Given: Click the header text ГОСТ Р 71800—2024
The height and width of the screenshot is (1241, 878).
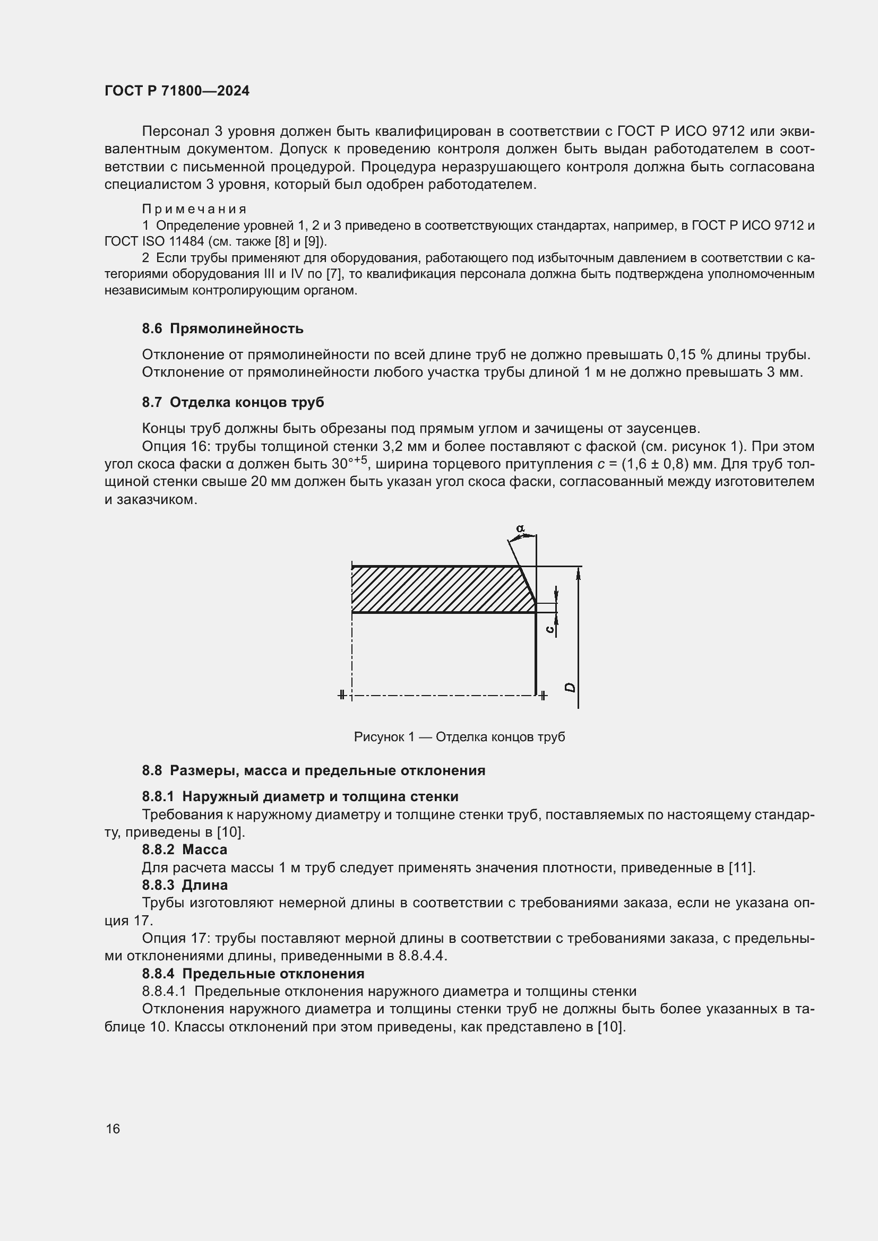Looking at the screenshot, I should click(177, 91).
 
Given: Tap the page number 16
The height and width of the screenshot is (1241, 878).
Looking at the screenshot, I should click(113, 1129).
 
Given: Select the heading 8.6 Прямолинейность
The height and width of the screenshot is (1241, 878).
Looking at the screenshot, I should click(222, 328).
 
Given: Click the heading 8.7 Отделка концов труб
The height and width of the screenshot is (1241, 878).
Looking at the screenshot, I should click(233, 402).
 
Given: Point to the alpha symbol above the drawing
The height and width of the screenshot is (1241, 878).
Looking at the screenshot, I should click(520, 528).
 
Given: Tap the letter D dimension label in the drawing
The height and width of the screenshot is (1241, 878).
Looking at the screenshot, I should click(570, 688).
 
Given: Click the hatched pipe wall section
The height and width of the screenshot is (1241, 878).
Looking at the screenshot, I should click(438, 589).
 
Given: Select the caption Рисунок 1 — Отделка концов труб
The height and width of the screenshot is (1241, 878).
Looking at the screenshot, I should click(459, 737).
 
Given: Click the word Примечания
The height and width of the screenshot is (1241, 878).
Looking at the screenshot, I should click(194, 209).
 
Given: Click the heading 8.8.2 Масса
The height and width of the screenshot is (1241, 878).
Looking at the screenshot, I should click(184, 849).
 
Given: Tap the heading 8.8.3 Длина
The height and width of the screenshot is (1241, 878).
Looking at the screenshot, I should click(184, 885).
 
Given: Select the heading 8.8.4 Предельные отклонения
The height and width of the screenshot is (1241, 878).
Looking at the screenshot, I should click(253, 974).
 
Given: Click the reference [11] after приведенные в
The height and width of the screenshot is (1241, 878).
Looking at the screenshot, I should click(741, 867).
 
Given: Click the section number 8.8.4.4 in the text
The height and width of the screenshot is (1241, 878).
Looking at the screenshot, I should click(421, 956).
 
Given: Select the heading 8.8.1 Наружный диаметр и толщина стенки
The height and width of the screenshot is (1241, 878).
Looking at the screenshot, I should click(300, 796).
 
